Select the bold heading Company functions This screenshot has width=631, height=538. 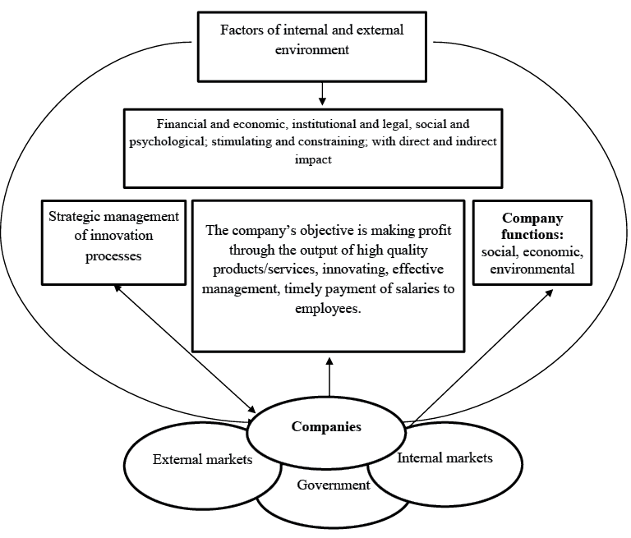(532, 227)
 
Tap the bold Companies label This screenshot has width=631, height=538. (326, 427)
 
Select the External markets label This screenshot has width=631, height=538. (202, 458)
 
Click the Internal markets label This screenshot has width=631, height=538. (444, 458)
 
